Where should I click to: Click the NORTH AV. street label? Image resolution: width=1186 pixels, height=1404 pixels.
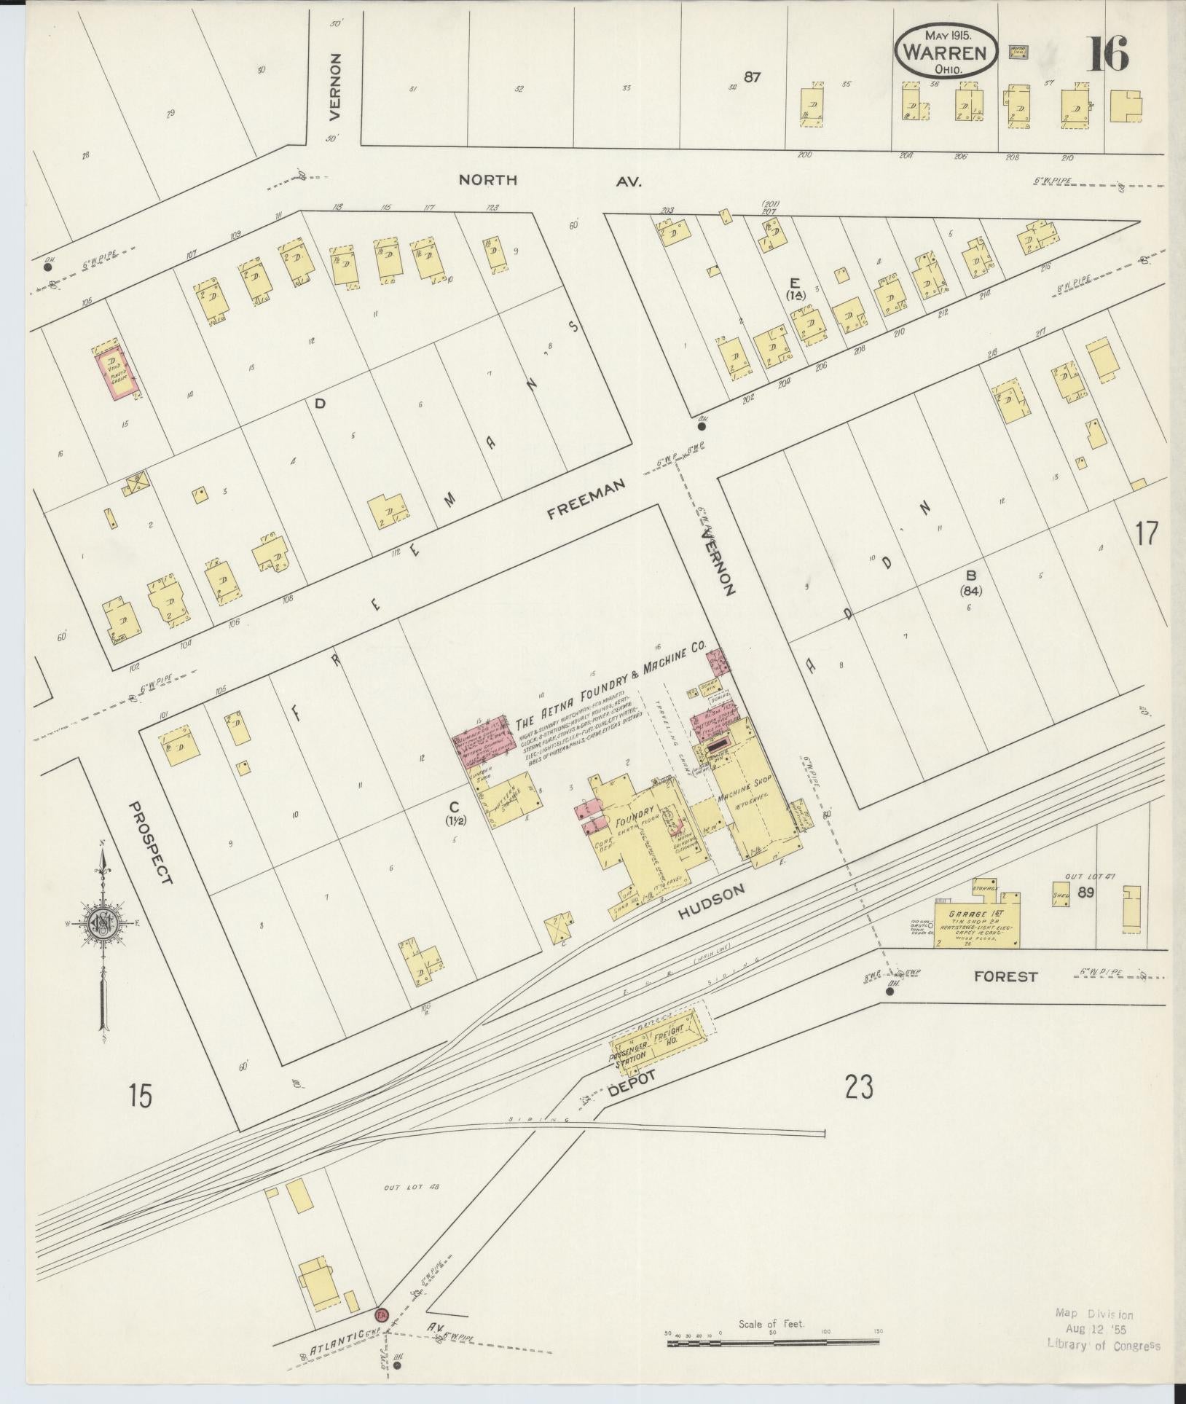[x=549, y=180]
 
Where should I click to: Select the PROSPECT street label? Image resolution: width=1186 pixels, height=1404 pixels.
[x=151, y=843]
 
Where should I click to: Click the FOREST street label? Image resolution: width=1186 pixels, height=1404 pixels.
[x=1005, y=976]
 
